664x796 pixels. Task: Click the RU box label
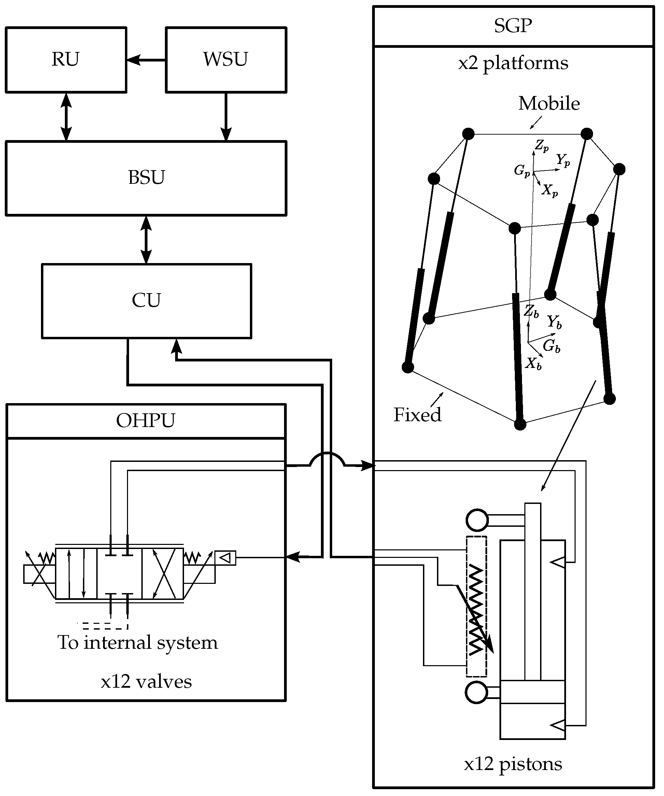pyautogui.click(x=66, y=59)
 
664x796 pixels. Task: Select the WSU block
pyautogui.click(x=226, y=59)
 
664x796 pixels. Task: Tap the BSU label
pyautogui.click(x=146, y=178)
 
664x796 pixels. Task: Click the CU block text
pyautogui.click(x=146, y=300)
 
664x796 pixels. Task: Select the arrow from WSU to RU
pyautogui.click(x=146, y=60)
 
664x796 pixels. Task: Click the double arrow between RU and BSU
pyautogui.click(x=66, y=117)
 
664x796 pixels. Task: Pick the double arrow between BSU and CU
pyautogui.click(x=146, y=239)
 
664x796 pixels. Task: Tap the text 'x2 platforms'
pyautogui.click(x=513, y=63)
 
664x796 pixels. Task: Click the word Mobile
pyautogui.click(x=549, y=104)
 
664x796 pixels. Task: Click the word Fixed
pyautogui.click(x=417, y=415)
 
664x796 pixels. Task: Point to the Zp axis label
pyautogui.click(x=542, y=146)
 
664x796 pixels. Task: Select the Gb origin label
pyautogui.click(x=551, y=346)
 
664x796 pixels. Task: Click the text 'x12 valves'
pyautogui.click(x=146, y=682)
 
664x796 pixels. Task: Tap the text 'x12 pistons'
pyautogui.click(x=513, y=764)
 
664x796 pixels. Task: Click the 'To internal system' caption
pyautogui.click(x=138, y=643)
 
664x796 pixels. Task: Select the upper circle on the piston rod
pyautogui.click(x=477, y=520)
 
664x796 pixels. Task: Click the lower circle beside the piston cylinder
pyautogui.click(x=476, y=692)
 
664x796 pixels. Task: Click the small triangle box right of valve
pyautogui.click(x=225, y=558)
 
